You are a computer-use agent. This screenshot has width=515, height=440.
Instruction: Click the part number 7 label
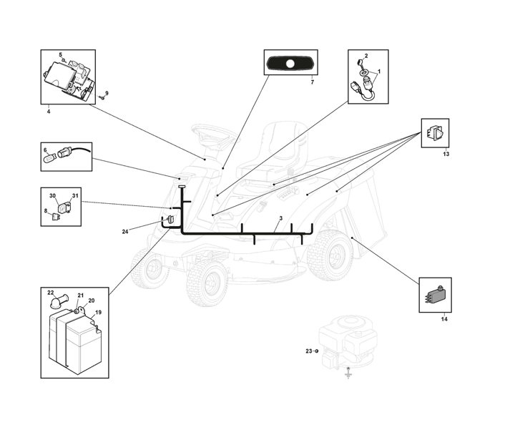[313, 82]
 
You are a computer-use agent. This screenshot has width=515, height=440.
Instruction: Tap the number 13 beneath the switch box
[446, 154]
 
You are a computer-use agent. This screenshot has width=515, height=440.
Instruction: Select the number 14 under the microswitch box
[444, 319]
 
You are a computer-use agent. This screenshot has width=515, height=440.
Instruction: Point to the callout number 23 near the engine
[309, 351]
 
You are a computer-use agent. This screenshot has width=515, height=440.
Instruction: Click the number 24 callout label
[124, 232]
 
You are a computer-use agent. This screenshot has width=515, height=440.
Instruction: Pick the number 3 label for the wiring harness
[281, 218]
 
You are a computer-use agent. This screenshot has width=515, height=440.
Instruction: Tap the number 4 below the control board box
[49, 112]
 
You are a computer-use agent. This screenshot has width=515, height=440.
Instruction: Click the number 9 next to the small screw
[107, 93]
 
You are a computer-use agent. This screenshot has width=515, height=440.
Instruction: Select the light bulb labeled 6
[51, 159]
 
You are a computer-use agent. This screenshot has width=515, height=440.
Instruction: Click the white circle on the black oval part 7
[290, 64]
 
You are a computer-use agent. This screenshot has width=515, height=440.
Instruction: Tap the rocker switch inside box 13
[435, 133]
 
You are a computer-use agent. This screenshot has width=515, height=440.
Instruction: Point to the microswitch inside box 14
[435, 295]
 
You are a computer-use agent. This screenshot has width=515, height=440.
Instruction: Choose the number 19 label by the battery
[98, 313]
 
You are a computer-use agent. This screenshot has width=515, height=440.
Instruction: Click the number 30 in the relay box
[52, 196]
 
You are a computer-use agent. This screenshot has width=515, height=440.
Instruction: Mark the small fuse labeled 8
[56, 217]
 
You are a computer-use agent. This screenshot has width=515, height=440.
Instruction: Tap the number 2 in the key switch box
[366, 56]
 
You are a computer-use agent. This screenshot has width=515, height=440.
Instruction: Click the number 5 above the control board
[60, 54]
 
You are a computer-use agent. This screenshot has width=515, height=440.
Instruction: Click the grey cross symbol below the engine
[348, 374]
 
